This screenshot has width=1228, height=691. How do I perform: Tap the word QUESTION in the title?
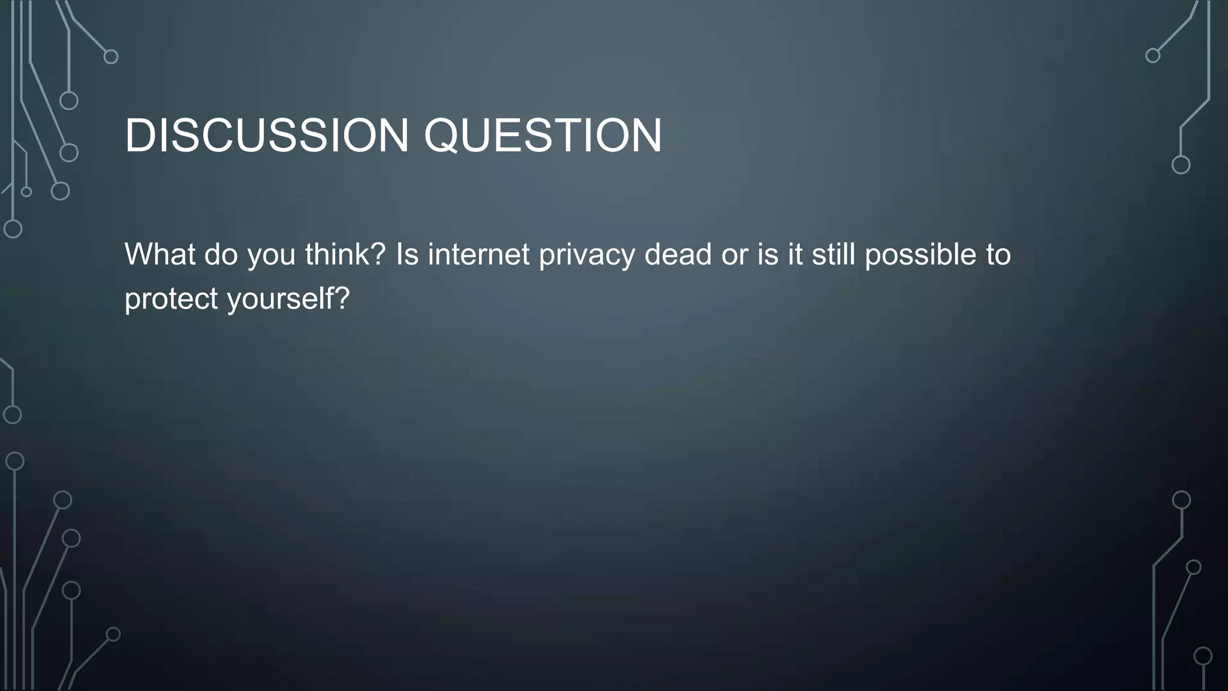coord(543,136)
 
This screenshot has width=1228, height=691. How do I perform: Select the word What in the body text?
coord(159,254)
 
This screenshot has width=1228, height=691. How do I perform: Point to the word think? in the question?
coord(345,254)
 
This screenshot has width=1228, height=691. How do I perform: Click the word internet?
coord(478,254)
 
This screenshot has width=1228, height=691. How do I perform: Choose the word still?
coord(833,254)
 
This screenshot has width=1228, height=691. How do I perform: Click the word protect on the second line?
coord(171,299)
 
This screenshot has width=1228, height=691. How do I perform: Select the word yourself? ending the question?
coord(288,299)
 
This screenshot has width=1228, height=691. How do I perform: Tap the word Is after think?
coord(407,254)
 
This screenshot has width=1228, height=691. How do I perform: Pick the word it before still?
coord(794,254)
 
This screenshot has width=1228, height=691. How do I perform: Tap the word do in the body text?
coord(221,254)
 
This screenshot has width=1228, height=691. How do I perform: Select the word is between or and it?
coord(767,254)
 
